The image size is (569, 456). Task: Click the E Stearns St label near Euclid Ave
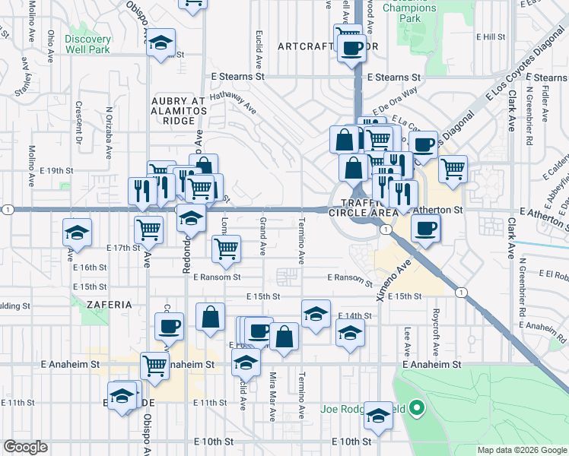pos(239,77)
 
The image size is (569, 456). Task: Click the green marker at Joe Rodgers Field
pos(416,410)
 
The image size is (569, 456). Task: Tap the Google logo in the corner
pos(25,447)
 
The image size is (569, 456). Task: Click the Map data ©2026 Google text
pos(521,450)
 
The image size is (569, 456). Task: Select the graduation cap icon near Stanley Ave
pos(77,231)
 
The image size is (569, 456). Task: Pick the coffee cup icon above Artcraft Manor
pos(351,48)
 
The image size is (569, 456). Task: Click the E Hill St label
pos(491,36)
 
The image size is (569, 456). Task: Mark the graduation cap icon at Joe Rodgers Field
pos(378,415)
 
